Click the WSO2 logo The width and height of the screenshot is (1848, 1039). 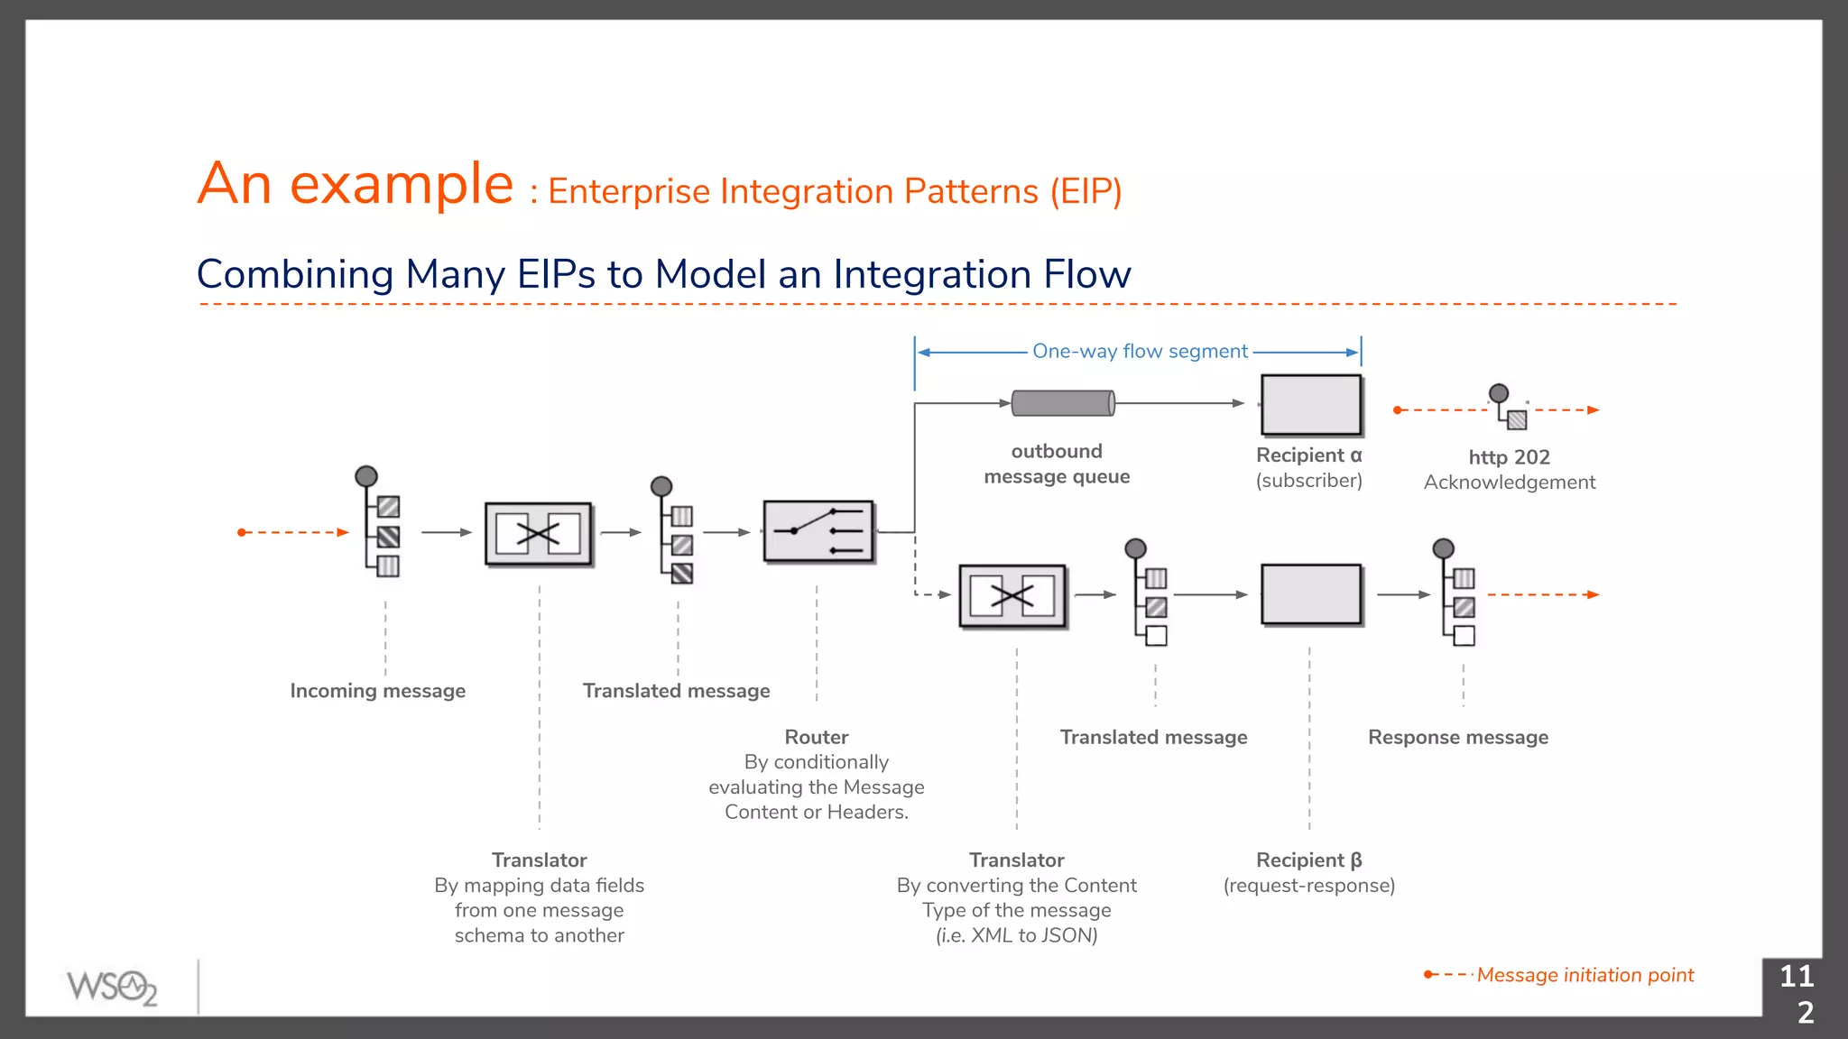tap(112, 987)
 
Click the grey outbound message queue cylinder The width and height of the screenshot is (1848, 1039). tap(1063, 403)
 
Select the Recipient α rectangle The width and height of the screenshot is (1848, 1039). tap(1310, 405)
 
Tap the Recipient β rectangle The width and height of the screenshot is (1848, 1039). tap(1310, 594)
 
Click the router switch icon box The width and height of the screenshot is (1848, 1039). tap(818, 532)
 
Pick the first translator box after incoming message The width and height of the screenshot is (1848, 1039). tap(539, 534)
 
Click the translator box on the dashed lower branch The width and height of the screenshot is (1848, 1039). tap(1012, 595)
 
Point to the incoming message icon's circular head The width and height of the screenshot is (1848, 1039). tap(366, 476)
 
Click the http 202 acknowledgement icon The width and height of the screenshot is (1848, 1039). tap(1508, 408)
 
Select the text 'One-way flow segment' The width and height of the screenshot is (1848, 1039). tap(1140, 351)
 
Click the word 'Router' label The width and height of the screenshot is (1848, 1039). tap(816, 737)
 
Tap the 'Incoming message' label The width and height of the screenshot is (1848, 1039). tap(377, 691)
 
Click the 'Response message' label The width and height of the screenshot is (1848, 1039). tap(1457, 738)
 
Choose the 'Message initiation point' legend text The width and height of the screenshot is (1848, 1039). tap(1585, 975)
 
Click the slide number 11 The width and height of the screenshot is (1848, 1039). tap(1796, 976)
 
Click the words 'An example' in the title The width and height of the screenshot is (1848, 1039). tap(356, 184)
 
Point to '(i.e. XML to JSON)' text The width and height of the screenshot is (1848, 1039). tap(1016, 935)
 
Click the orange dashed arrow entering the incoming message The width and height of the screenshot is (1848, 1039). tap(293, 532)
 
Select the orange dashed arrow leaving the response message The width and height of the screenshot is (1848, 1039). tap(1543, 594)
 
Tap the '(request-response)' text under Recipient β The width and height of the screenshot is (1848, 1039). tap(1308, 886)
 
